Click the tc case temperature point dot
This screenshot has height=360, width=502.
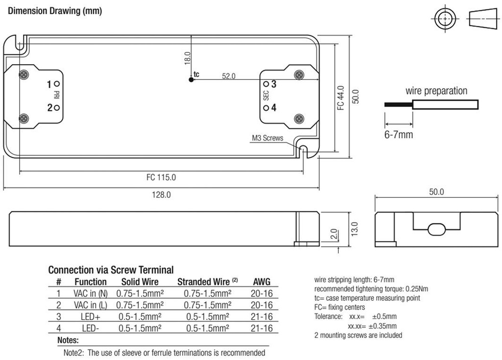(191, 79)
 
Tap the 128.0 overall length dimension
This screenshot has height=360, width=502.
(161, 194)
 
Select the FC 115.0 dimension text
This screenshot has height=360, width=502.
(161, 177)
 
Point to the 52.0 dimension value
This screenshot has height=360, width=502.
(228, 76)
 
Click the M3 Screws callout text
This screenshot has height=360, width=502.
(267, 138)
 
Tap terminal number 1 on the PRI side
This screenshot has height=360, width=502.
(49, 85)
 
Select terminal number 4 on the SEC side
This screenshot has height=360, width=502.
(274, 108)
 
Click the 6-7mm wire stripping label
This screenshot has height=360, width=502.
(399, 134)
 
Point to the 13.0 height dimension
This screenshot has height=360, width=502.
(354, 229)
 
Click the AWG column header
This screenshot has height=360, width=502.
(261, 282)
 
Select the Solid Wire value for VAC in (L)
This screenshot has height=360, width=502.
(140, 305)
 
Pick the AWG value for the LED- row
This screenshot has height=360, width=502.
(261, 328)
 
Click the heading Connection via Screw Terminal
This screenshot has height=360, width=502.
(111, 270)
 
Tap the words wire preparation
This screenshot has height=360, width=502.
(436, 91)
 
